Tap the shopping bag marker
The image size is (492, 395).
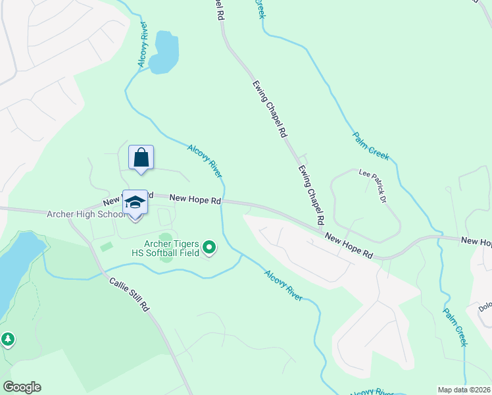[141, 158]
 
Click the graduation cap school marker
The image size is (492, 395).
[135, 202]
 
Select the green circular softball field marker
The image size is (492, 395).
[209, 248]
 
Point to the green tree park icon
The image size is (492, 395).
[7, 340]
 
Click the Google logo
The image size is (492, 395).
[22, 387]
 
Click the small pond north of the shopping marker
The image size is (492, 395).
[164, 52]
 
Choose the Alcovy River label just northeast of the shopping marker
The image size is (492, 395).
[205, 161]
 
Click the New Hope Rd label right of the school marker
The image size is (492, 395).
[195, 198]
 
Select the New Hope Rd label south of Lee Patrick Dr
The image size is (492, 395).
[349, 246]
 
